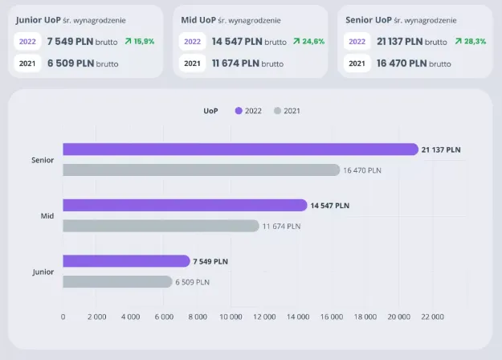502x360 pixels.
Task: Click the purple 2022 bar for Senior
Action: point(241,149)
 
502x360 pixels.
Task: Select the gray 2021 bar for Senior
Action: point(201,170)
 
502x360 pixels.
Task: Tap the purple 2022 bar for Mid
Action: point(185,205)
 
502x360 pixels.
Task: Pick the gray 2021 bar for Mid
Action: point(161,226)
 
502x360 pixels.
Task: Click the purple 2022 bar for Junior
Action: point(126,260)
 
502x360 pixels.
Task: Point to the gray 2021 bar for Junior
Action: point(117,281)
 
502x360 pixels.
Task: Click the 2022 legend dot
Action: point(239,111)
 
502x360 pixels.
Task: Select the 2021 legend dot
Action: point(277,111)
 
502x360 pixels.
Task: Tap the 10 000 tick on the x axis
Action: point(231,317)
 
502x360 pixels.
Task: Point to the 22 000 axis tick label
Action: point(432,317)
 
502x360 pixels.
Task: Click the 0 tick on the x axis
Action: point(63,317)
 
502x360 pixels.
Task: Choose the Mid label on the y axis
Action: point(47,216)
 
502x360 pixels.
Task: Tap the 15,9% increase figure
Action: point(144,41)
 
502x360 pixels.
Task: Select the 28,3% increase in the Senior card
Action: point(474,41)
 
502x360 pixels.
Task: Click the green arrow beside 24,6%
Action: point(296,41)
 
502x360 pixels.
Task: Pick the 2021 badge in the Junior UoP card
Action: point(27,63)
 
